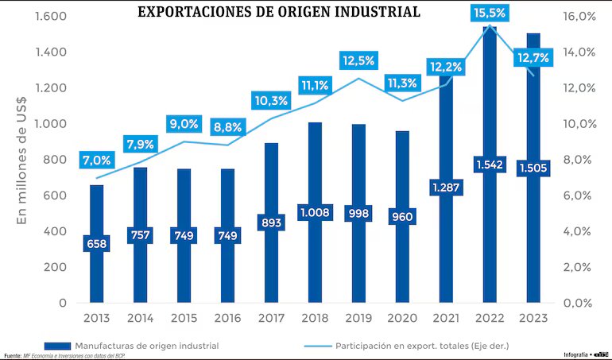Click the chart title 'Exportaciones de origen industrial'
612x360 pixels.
tap(279, 12)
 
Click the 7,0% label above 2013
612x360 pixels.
tap(96, 160)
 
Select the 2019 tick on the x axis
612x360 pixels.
tap(358, 318)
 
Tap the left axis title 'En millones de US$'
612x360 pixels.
tap(22, 158)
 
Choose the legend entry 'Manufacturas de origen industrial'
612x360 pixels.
tap(146, 346)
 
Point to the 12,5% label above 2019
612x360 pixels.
tap(358, 60)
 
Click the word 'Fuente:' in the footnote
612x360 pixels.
tap(12, 355)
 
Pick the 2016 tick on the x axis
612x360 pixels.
tap(227, 318)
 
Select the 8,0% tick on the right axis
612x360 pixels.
tap(581, 160)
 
